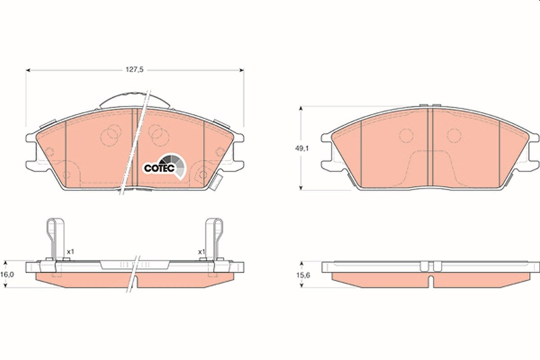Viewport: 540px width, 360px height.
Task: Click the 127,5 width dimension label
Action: coord(135,70)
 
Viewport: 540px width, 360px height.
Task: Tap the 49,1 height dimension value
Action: coord(302,148)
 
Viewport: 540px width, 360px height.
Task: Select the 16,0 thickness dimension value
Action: coord(7,274)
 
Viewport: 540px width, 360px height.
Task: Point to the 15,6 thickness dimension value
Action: coord(303,275)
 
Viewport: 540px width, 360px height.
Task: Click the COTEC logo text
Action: coord(159,168)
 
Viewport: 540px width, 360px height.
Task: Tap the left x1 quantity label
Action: coord(70,252)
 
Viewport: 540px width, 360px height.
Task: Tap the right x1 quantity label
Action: coord(201,252)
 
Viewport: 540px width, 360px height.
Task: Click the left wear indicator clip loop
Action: coord(55,238)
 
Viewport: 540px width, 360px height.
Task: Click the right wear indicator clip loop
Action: coord(214,238)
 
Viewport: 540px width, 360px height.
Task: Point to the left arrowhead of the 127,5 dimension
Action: coord(28,70)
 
